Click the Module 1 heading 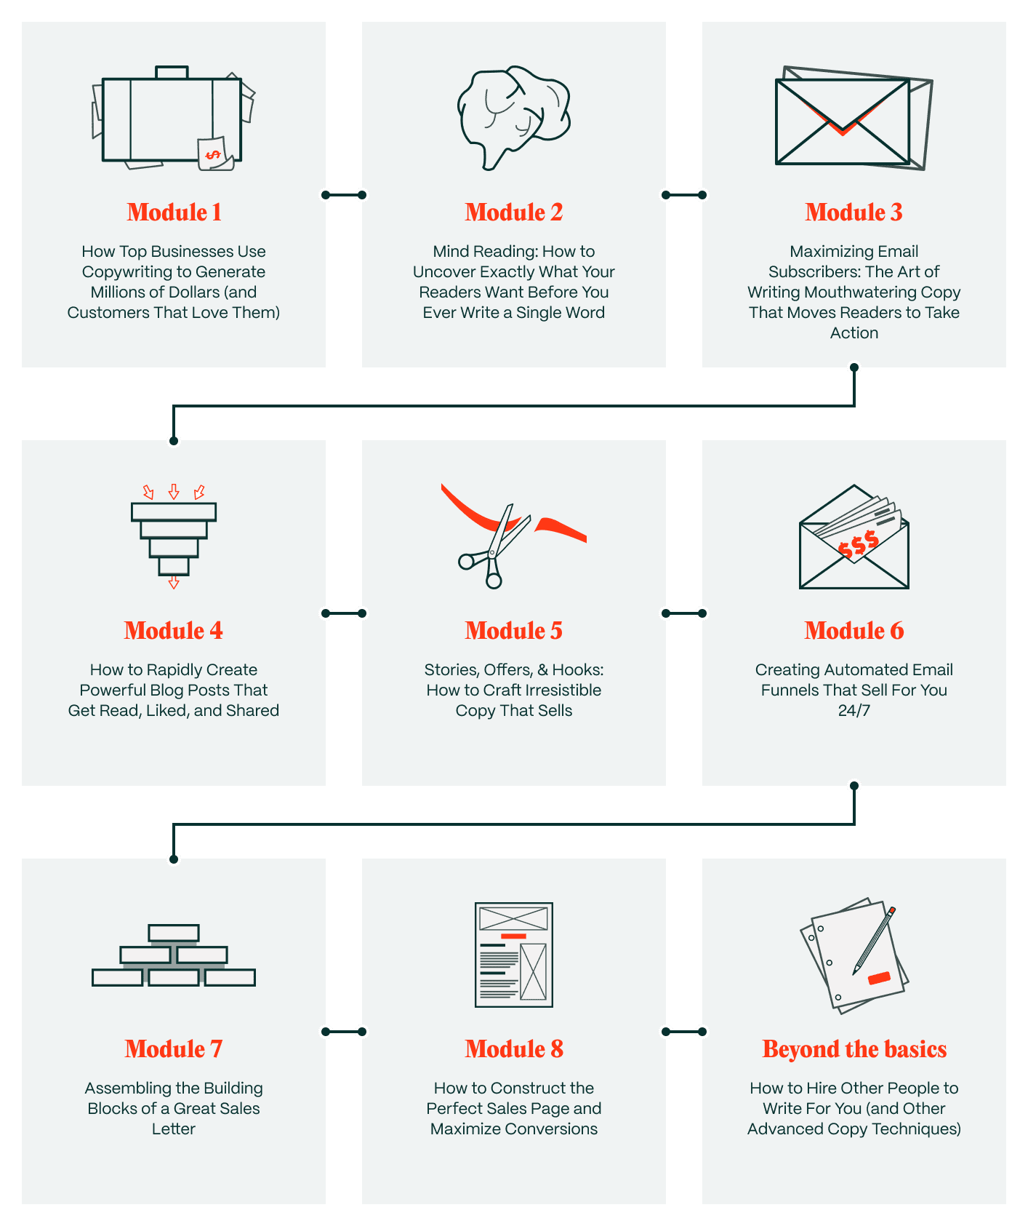174,212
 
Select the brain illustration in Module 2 513,117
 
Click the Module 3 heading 854,212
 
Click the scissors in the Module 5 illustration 494,546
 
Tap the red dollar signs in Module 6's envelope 859,544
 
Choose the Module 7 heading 174,1049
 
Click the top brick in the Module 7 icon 174,932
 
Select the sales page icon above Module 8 514,955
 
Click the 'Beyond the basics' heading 854,1049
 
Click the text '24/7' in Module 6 854,711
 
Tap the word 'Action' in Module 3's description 854,333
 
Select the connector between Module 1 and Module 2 344,195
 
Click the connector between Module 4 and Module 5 344,613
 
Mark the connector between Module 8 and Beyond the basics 684,1032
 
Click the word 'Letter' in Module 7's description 174,1129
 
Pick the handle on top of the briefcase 172,73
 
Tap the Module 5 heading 514,631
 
